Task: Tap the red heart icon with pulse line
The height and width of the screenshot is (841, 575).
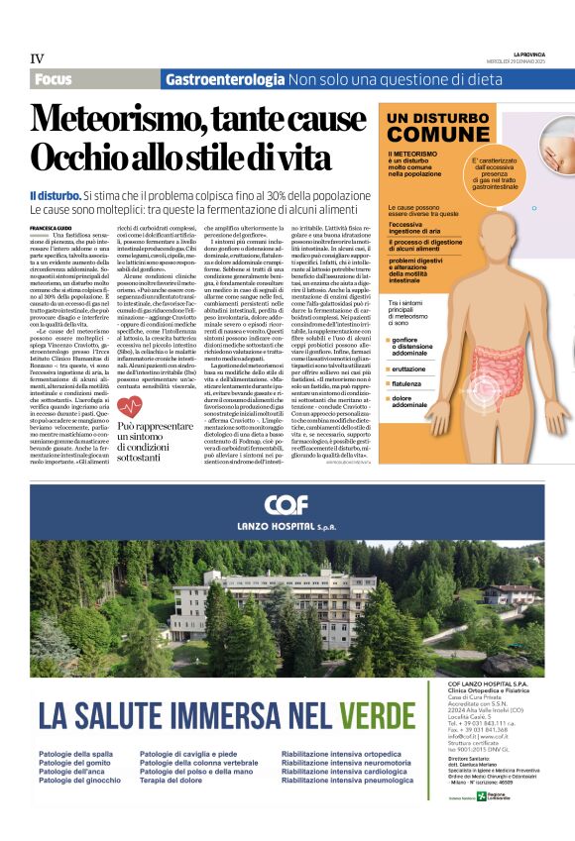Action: point(130,406)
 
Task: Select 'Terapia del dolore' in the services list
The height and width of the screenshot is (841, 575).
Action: point(174,781)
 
